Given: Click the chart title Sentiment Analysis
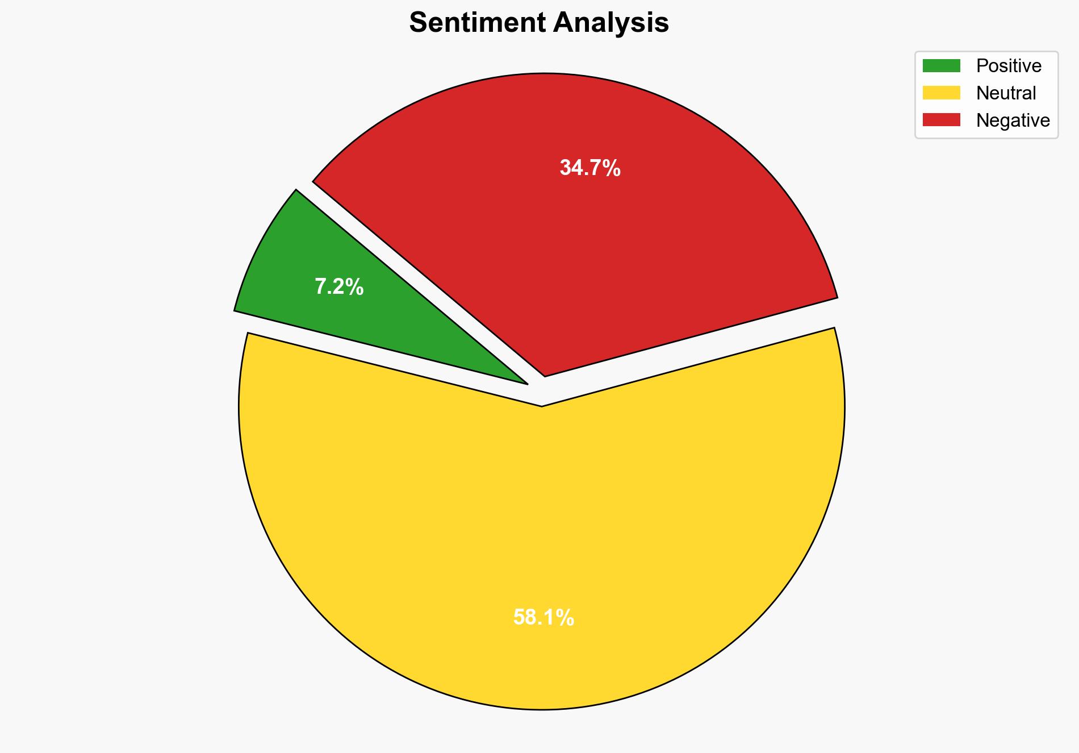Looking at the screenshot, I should pyautogui.click(x=539, y=23).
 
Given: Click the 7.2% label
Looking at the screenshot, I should pyautogui.click(x=339, y=287).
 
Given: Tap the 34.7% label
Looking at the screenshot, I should pyautogui.click(x=590, y=168).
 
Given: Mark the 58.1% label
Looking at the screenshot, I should pyautogui.click(x=543, y=617).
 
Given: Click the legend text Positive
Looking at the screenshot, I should pyautogui.click(x=1009, y=66).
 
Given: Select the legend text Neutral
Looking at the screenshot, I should pyautogui.click(x=1006, y=93).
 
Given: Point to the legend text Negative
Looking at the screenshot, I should pyautogui.click(x=1013, y=120).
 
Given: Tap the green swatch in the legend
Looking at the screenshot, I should pyautogui.click(x=941, y=66).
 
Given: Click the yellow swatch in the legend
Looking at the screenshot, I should pyautogui.click(x=941, y=93).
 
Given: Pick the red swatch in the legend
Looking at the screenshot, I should pyautogui.click(x=941, y=120).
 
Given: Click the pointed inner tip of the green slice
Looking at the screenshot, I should pyautogui.click(x=526, y=383).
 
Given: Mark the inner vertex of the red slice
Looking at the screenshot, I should pyautogui.click(x=545, y=375).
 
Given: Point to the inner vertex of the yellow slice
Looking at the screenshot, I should pyautogui.click(x=542, y=405).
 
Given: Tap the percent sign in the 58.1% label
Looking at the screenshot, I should pyautogui.click(x=566, y=617).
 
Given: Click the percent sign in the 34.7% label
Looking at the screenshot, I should pyautogui.click(x=612, y=168).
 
